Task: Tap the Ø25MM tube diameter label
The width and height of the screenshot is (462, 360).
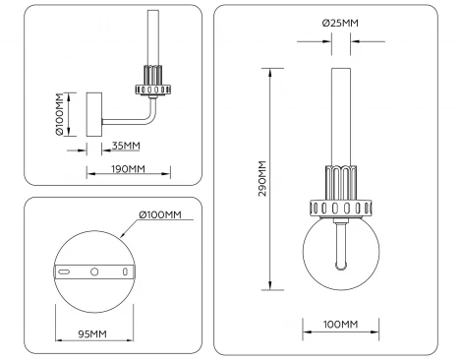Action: click(339, 23)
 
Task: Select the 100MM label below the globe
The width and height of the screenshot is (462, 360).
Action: click(339, 325)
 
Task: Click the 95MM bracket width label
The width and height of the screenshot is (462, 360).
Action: click(92, 334)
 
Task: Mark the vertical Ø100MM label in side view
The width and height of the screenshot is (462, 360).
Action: click(59, 114)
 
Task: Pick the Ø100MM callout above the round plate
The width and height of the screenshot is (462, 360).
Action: click(160, 215)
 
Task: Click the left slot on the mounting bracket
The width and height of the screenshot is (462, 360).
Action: click(64, 270)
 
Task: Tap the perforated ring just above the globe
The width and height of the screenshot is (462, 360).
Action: click(340, 208)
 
